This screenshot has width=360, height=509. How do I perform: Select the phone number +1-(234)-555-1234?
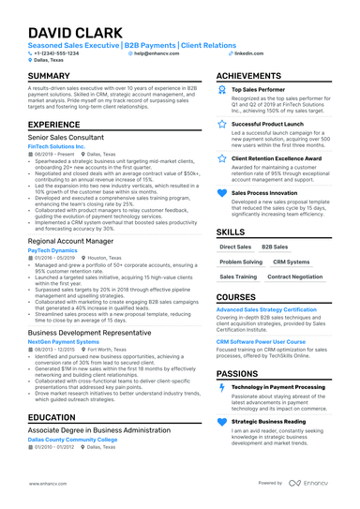tap(57, 53)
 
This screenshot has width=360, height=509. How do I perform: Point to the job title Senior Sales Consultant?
tap(71, 136)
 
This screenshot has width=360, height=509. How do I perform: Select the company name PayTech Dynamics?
tap(52, 251)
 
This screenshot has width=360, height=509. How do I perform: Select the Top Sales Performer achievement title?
tap(259, 89)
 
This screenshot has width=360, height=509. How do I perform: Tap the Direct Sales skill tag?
tap(235, 247)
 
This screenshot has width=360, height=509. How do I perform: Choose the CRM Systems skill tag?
tap(292, 262)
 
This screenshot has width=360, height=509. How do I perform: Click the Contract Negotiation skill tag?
tap(294, 277)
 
